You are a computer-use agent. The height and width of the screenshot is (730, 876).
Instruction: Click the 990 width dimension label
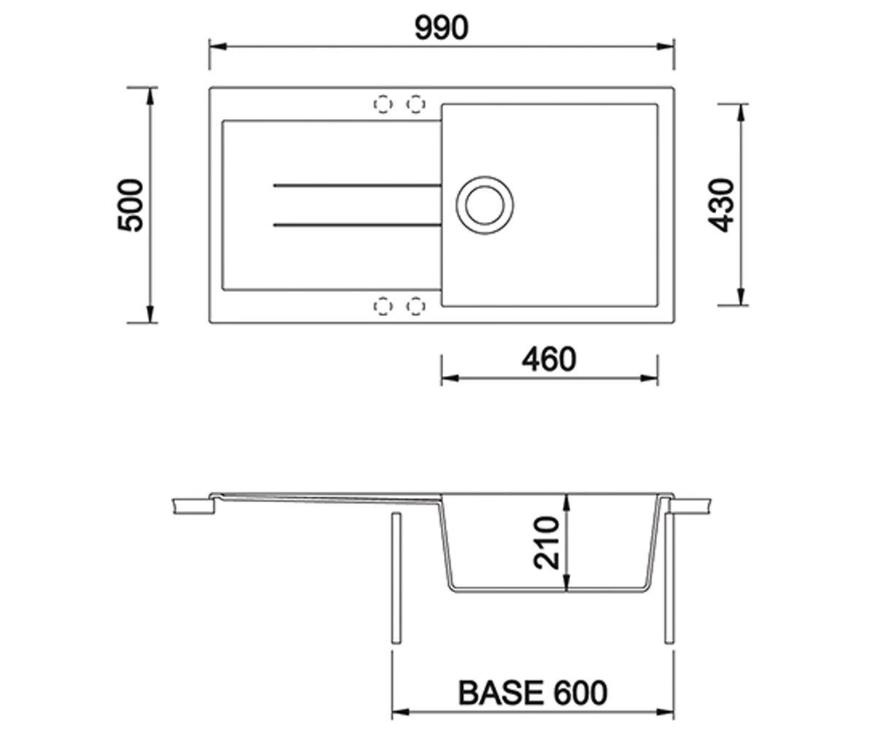click(x=441, y=28)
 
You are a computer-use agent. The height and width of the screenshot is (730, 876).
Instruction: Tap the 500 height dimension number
click(x=131, y=205)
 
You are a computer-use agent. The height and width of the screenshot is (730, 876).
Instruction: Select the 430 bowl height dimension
click(x=721, y=205)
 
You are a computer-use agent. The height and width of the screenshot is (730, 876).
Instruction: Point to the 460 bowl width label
click(x=549, y=360)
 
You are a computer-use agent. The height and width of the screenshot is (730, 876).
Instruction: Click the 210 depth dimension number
click(x=547, y=543)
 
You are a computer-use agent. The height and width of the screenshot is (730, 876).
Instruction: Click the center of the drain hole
click(x=485, y=205)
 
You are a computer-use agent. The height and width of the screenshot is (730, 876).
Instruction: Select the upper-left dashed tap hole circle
click(x=383, y=104)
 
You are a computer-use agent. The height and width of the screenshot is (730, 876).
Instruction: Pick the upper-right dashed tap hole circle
click(x=416, y=104)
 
